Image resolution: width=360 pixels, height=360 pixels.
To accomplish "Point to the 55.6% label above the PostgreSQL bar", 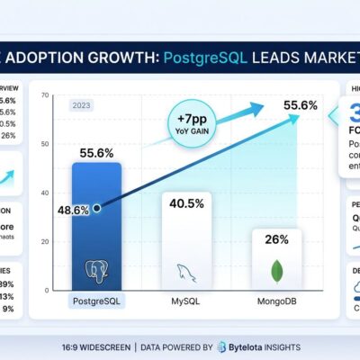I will click(96, 153).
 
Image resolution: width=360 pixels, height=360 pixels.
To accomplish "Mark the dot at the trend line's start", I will click(96, 207).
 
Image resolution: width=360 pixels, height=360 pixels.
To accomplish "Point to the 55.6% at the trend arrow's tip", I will click(299, 105).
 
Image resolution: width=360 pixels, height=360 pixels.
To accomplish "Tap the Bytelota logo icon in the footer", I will click(208, 346).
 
